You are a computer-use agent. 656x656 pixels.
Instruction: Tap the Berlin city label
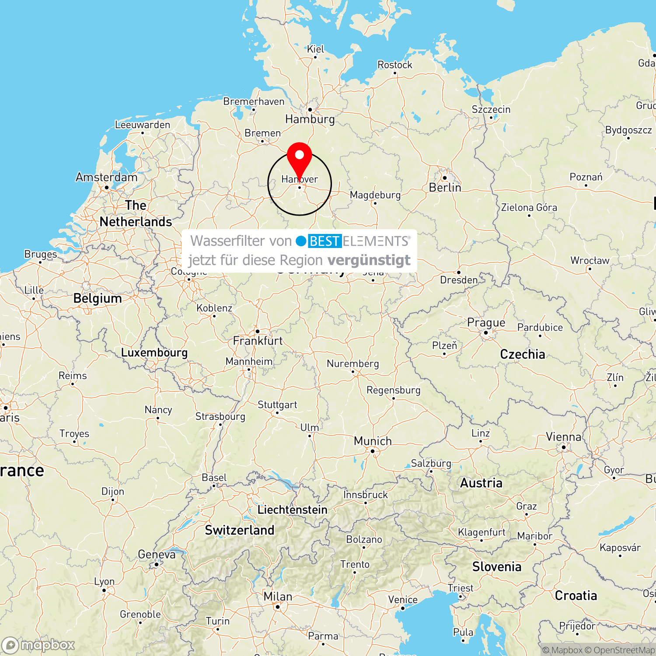pos(445,188)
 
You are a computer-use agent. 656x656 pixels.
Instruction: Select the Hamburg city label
pos(310,119)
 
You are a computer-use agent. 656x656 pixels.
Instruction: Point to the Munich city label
pos(373,441)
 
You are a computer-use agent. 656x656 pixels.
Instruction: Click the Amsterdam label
pos(106,177)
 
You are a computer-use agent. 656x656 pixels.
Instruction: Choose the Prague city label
pos(486,323)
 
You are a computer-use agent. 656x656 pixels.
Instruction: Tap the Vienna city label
pos(563,437)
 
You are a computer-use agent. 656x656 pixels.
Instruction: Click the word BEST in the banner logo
pos(324,241)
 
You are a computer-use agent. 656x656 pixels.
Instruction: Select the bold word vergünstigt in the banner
pos(369,260)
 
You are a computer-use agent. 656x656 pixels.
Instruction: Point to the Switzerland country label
pos(240,530)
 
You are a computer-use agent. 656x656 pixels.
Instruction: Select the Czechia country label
pos(523,354)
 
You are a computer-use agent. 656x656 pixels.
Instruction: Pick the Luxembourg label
pos(154,352)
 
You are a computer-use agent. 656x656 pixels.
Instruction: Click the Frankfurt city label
pos(258,341)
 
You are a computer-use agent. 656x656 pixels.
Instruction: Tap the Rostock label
pos(394,65)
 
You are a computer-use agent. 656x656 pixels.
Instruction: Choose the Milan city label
pos(278,597)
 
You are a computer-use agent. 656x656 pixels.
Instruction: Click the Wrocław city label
pos(590,261)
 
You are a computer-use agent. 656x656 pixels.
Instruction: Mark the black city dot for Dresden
pos(459,272)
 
